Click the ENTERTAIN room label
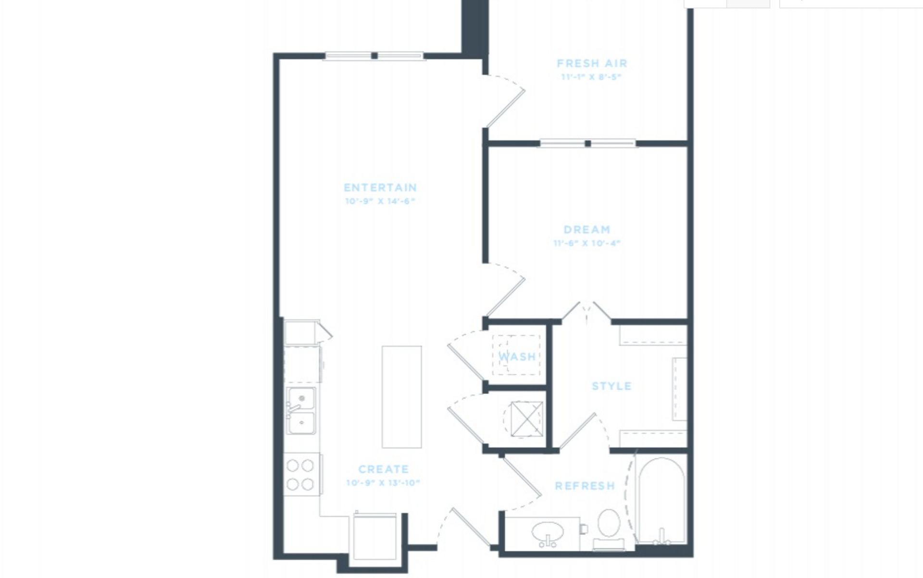380,187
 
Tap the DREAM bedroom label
586,230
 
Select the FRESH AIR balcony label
592,63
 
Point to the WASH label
517,357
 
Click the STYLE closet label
611,386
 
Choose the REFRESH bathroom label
585,486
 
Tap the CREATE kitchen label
383,469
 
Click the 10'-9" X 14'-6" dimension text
380,201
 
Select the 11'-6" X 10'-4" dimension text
586,243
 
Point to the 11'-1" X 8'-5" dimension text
592,77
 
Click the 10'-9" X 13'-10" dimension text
383,483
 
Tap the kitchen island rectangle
401,397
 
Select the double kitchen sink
301,411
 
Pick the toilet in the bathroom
609,529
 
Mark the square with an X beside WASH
527,418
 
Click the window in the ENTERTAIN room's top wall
374,56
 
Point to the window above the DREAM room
587,143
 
